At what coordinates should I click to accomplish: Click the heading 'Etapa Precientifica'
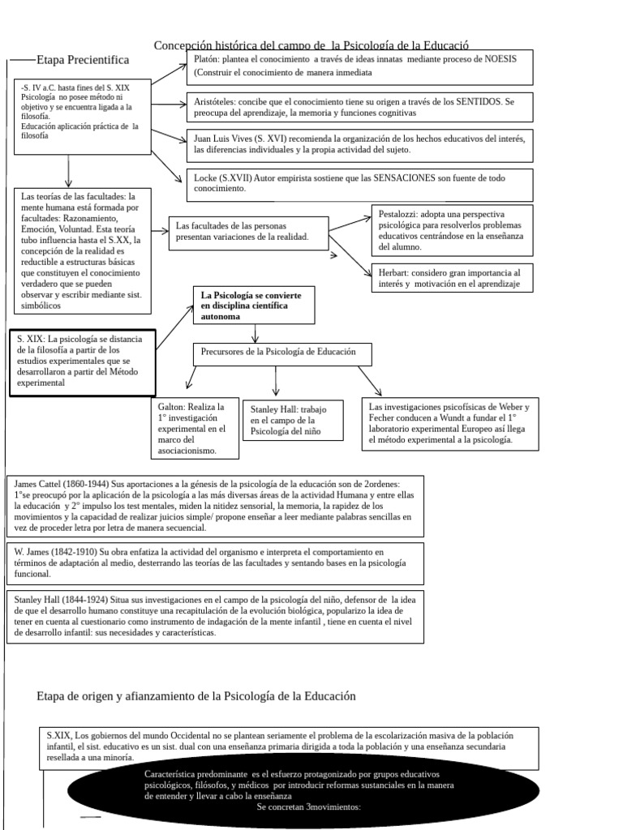click(83, 59)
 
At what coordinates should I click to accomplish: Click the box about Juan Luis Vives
click(360, 143)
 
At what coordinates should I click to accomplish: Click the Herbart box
click(452, 276)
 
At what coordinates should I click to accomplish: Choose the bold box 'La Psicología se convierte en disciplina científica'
click(253, 306)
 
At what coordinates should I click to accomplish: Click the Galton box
click(195, 427)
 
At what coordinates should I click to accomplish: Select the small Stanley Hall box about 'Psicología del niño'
click(293, 420)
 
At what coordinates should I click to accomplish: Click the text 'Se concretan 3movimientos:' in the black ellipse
click(308, 807)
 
